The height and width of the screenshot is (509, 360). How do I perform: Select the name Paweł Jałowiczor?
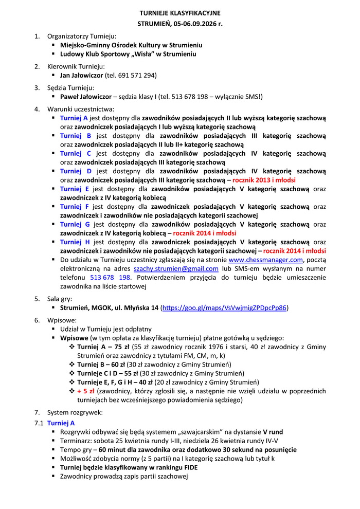click(85, 96)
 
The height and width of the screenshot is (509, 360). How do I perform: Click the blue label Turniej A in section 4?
click(74, 118)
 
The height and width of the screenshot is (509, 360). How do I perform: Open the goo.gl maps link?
click(224, 307)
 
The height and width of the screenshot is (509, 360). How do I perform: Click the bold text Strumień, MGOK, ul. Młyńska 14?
click(109, 307)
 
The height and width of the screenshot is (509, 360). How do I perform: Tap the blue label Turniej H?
click(75, 242)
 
